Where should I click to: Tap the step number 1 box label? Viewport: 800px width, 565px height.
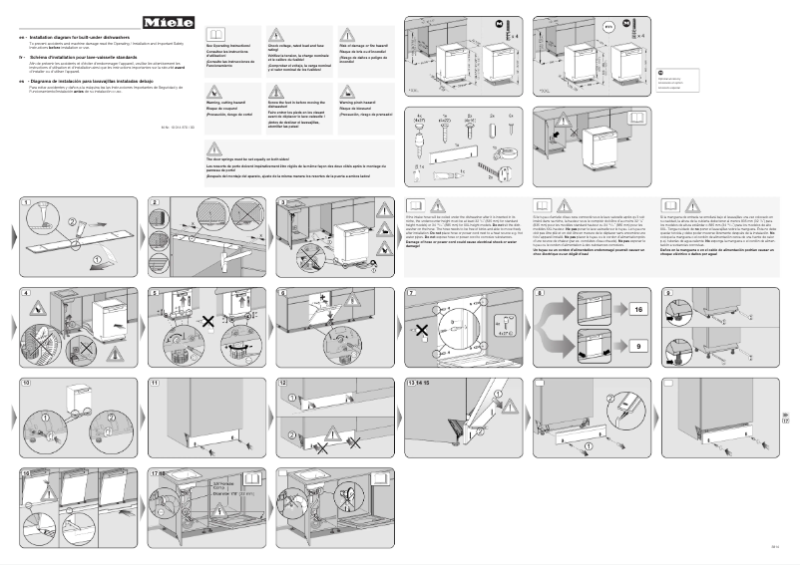(x=25, y=203)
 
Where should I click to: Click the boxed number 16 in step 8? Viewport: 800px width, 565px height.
(x=639, y=310)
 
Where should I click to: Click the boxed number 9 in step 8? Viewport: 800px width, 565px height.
(x=639, y=344)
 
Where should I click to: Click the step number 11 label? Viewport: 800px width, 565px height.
(x=155, y=383)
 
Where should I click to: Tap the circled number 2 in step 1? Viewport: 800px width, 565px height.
(x=70, y=221)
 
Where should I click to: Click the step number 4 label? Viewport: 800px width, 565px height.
(x=25, y=294)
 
